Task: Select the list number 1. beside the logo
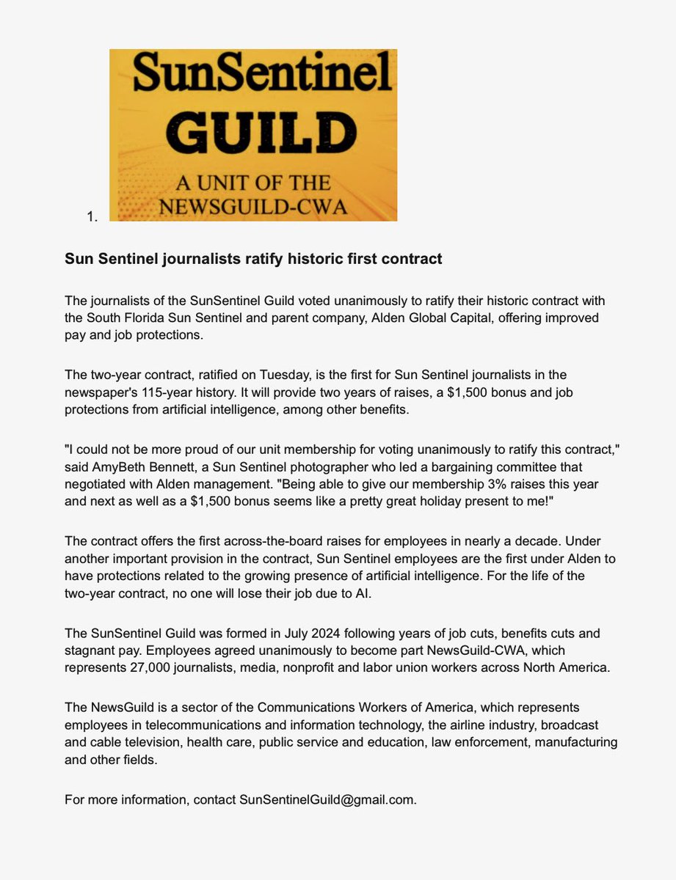[x=91, y=216]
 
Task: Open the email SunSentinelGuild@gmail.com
[x=327, y=799]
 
